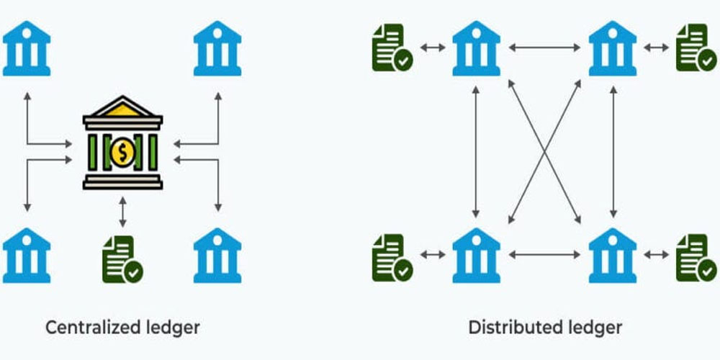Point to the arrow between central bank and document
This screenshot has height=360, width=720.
[x=122, y=211]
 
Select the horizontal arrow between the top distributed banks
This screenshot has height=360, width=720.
[x=544, y=48]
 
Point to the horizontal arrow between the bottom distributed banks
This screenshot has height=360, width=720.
[x=544, y=254]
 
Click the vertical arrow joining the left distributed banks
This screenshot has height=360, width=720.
[x=476, y=151]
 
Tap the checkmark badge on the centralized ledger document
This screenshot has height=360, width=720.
[x=133, y=272]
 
